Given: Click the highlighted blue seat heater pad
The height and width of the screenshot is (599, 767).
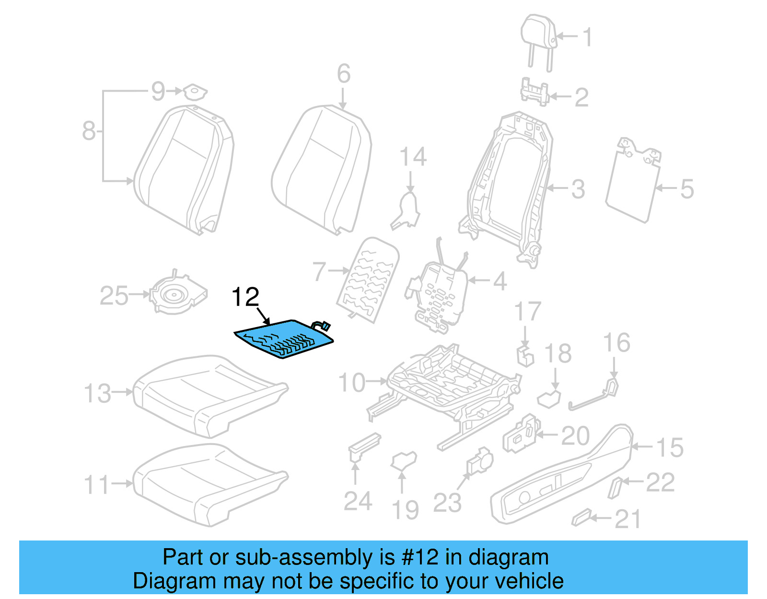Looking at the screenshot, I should (x=283, y=339).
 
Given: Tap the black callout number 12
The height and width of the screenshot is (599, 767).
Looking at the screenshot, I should (x=245, y=297).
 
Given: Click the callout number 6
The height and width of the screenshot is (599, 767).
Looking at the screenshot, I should (x=343, y=74).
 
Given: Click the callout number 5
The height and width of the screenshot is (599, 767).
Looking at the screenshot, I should (x=687, y=189).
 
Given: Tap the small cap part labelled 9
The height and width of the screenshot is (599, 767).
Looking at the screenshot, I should (x=195, y=91).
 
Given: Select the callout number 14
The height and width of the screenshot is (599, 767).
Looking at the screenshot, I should (x=413, y=157).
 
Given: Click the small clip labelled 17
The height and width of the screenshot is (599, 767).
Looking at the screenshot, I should (x=525, y=355).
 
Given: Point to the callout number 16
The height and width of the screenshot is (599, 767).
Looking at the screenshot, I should (x=616, y=343).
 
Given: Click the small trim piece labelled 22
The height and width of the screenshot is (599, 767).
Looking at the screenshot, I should (x=615, y=487).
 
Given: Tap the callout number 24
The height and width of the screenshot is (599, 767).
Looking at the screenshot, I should (x=358, y=502).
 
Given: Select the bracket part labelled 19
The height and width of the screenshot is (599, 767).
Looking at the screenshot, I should (x=404, y=461).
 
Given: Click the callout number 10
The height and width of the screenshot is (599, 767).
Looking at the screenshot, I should (x=352, y=383).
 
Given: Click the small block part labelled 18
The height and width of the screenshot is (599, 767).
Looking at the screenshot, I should (x=549, y=398).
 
